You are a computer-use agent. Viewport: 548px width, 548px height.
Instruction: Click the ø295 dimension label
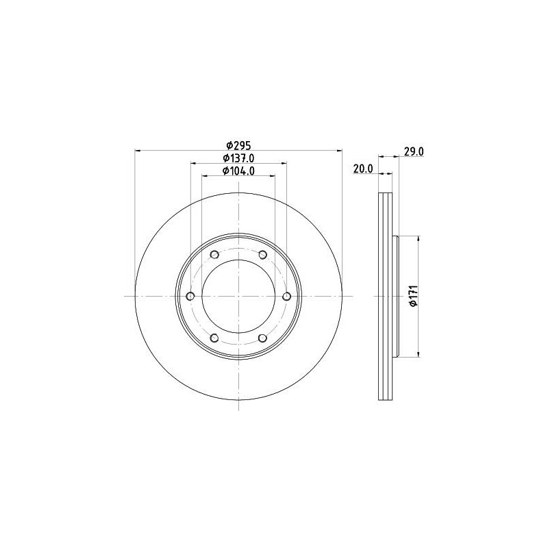click(x=238, y=145)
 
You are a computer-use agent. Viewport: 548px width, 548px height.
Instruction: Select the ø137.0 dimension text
click(x=238, y=158)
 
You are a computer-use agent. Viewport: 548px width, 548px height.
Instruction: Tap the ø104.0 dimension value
click(x=238, y=171)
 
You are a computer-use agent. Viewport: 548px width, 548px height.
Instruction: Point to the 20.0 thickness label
click(x=362, y=169)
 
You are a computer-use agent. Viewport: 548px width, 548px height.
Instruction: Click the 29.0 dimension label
click(x=412, y=151)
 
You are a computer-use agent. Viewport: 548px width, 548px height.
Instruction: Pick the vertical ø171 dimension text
click(x=412, y=296)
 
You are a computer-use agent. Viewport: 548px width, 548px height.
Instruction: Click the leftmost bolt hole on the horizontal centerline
click(x=190, y=296)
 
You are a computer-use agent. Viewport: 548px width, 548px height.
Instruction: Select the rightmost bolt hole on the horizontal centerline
click(x=286, y=296)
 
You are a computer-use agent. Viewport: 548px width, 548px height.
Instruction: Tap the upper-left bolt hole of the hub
click(x=214, y=255)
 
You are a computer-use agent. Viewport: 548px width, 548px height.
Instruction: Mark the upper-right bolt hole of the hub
click(x=262, y=255)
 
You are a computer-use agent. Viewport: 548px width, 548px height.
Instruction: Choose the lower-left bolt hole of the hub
click(x=214, y=338)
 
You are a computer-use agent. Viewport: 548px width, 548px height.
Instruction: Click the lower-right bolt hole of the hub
click(x=262, y=338)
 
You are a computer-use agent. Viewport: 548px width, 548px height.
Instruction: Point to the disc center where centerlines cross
click(x=238, y=296)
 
